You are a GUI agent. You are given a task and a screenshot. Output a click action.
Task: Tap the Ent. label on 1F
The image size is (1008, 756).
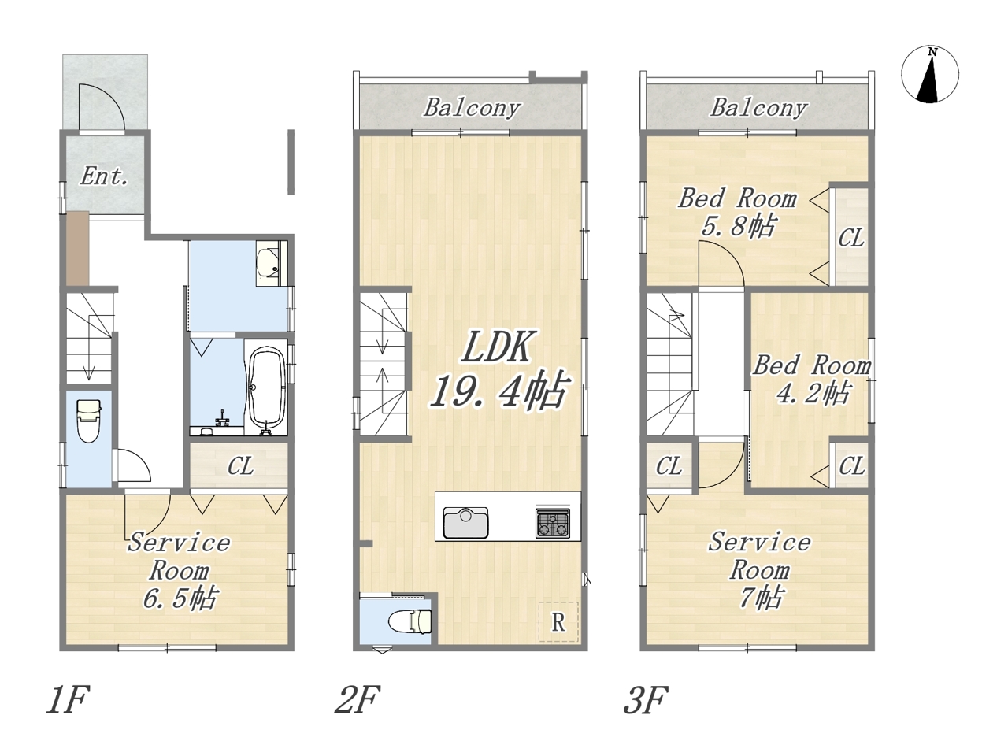[104, 176]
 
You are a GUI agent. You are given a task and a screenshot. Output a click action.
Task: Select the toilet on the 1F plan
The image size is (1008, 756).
[89, 421]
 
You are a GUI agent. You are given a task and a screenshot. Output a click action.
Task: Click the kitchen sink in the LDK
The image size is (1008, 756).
[465, 523]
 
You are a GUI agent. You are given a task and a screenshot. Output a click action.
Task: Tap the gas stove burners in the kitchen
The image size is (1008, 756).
[553, 523]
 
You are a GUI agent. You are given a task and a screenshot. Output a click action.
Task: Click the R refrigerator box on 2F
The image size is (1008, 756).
[558, 622]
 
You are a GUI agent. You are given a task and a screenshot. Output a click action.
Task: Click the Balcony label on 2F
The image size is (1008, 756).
[472, 108]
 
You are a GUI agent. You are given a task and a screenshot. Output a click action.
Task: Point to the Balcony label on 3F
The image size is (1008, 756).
[759, 108]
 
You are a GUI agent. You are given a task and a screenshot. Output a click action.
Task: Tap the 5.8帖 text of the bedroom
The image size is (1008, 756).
[738, 226]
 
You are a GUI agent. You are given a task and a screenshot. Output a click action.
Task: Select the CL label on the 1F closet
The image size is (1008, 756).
[240, 467]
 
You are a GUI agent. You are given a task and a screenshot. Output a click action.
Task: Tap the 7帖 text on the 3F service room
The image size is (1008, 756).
[760, 598]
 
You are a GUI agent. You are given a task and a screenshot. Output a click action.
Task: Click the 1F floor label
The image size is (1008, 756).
[68, 699]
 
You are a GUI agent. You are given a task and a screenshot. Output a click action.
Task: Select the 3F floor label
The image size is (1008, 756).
[646, 699]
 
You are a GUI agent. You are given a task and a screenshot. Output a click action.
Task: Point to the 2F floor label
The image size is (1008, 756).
[358, 699]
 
